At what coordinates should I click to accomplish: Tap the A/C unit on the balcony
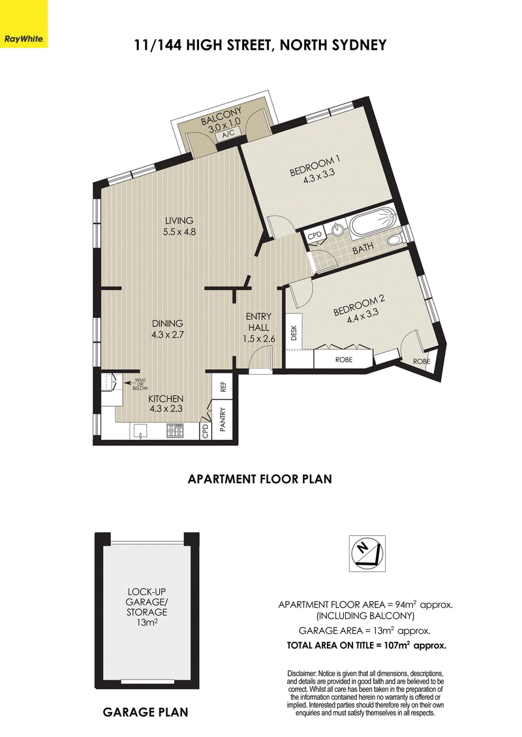tap(228, 133)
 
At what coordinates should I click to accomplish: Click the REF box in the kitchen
tap(224, 386)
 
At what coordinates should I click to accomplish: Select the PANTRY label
tap(223, 420)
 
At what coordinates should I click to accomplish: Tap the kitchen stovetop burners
tap(176, 431)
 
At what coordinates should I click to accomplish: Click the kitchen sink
tap(141, 431)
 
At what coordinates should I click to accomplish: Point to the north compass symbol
tap(367, 553)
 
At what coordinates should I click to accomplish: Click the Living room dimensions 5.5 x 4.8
tap(179, 231)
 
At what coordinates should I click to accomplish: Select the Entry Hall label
tap(258, 322)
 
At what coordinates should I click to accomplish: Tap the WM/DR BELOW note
tap(140, 384)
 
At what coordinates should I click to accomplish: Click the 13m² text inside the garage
tap(147, 622)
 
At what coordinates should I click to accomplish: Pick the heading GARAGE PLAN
tap(146, 712)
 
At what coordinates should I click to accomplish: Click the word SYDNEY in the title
tap(359, 45)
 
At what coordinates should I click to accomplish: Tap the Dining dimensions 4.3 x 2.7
tap(167, 335)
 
